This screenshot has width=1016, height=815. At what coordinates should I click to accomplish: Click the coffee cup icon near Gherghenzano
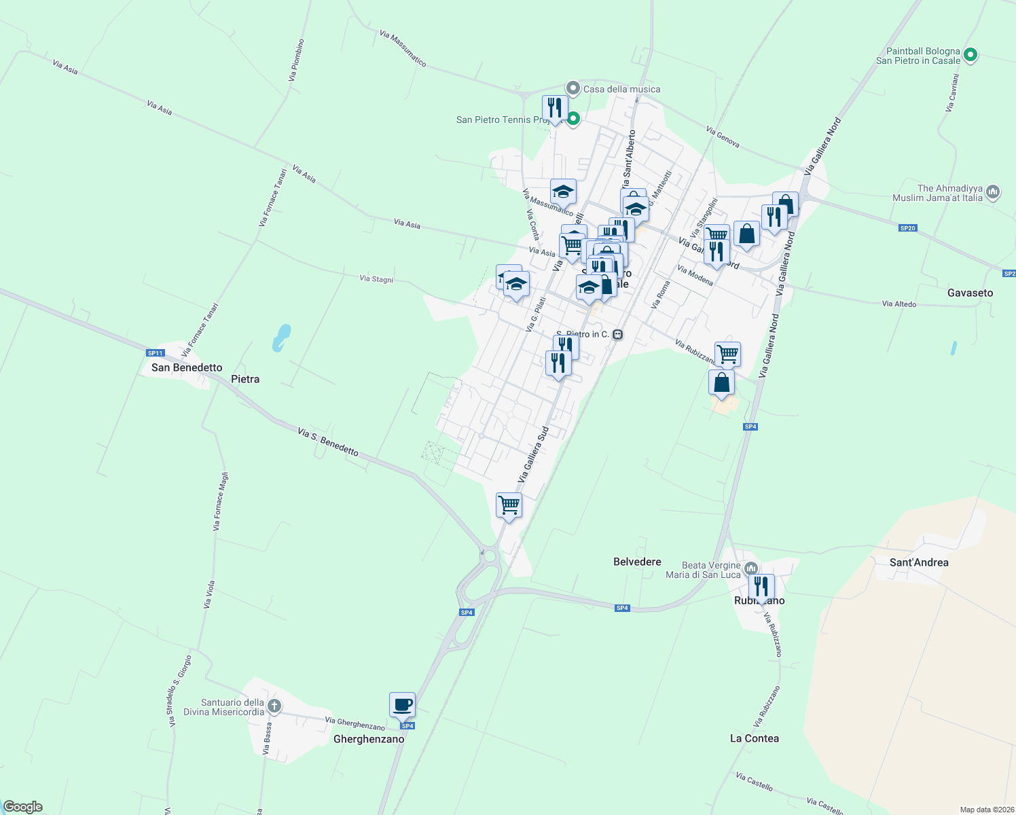[402, 704]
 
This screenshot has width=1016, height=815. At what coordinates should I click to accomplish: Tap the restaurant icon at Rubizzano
[761, 586]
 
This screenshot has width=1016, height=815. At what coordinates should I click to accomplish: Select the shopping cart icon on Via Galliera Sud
[509, 505]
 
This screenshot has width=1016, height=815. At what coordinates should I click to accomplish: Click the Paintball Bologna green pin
[970, 54]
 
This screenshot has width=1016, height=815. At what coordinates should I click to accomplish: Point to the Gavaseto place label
[970, 293]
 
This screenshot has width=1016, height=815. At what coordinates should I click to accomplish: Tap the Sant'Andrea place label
[919, 562]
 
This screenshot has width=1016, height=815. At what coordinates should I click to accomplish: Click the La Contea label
[754, 738]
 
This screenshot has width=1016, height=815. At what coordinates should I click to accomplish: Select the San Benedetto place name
[187, 367]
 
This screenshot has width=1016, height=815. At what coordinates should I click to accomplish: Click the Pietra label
[245, 379]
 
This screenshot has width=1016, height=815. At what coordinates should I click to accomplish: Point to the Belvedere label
[637, 562]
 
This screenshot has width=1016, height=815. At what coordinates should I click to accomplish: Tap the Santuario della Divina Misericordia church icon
[274, 706]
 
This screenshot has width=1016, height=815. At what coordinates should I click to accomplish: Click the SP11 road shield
[156, 352]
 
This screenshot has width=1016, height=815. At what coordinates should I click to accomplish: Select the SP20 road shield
[908, 228]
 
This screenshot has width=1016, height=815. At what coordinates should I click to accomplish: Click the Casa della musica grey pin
[573, 88]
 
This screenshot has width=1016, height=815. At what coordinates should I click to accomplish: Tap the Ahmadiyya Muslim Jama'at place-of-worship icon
[993, 192]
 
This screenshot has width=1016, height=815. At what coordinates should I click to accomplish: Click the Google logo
[23, 807]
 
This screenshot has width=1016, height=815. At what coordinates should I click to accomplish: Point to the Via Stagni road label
[376, 278]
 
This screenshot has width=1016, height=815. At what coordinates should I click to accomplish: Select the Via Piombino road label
[296, 60]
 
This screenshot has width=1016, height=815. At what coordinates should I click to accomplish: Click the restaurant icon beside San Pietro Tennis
[555, 108]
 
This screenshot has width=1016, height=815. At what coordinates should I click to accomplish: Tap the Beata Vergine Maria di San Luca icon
[750, 568]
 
